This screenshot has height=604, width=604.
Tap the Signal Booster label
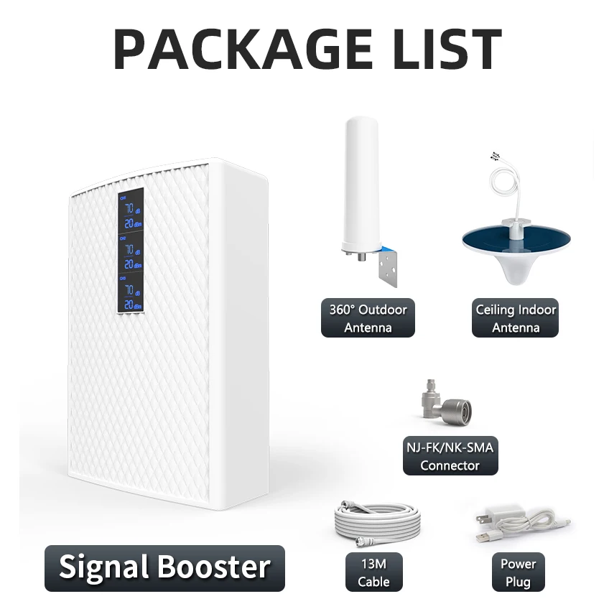point(164,567)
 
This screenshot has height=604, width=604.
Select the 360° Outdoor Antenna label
point(368,319)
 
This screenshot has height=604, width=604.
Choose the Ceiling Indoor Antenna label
point(516,319)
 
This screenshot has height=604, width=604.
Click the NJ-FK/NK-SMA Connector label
point(450,456)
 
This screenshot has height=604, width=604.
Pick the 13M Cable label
point(373,572)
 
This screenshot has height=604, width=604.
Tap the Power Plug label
point(517,572)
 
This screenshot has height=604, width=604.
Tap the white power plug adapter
point(503,517)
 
